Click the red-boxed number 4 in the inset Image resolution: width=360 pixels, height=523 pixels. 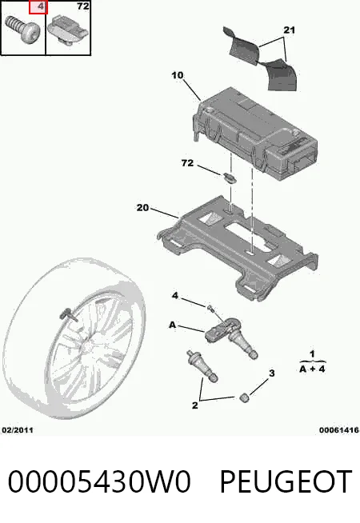(x=41, y=6)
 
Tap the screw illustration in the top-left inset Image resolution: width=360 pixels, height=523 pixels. (x=22, y=29)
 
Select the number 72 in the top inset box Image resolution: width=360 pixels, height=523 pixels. (x=82, y=6)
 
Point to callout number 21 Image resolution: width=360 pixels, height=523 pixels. (x=289, y=30)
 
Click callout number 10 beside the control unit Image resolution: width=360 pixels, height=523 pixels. (x=177, y=75)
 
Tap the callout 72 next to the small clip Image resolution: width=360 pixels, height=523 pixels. (x=187, y=163)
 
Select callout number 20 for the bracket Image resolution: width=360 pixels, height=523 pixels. (x=142, y=207)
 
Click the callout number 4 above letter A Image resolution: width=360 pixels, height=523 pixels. (x=175, y=296)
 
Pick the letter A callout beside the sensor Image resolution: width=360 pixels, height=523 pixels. (x=172, y=325)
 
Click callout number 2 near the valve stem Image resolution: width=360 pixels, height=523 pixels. (x=195, y=405)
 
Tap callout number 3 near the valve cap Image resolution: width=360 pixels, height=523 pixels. (x=271, y=373)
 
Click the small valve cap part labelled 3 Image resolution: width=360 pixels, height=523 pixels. (x=245, y=397)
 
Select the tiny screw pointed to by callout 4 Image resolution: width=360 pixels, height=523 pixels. (x=210, y=308)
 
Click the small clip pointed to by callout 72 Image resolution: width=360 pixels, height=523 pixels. (x=230, y=178)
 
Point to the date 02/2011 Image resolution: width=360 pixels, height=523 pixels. (x=18, y=430)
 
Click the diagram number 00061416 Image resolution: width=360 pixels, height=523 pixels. (x=338, y=430)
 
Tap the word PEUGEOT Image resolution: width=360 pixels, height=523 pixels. (x=286, y=481)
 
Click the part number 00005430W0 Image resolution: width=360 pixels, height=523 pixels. (x=99, y=481)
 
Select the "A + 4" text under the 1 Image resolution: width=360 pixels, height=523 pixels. (x=312, y=369)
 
